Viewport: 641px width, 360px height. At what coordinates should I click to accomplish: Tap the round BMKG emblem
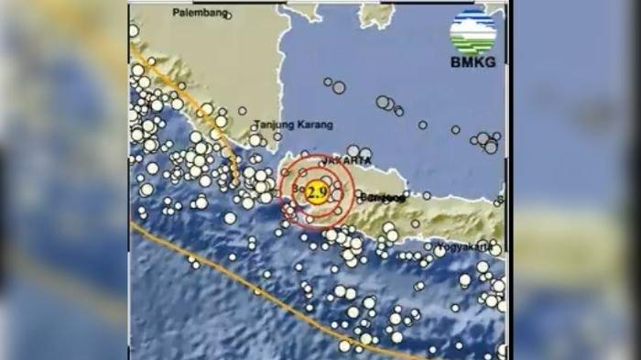tap(473, 31)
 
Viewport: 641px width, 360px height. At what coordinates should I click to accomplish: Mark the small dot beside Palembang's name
tap(228, 16)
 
